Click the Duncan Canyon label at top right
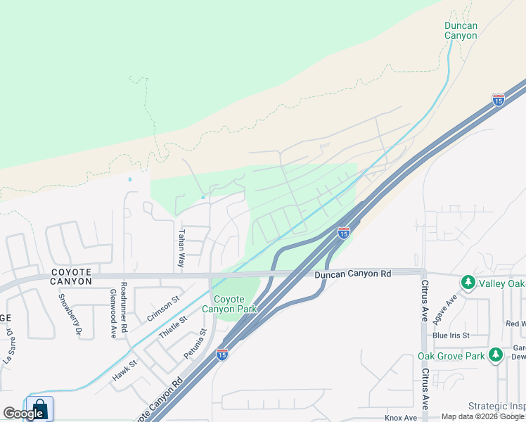pyautogui.click(x=461, y=31)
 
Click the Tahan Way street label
pyautogui.click(x=181, y=248)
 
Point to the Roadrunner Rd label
pyautogui.click(x=123, y=306)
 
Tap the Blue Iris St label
pyautogui.click(x=451, y=335)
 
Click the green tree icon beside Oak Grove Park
pyautogui.click(x=495, y=354)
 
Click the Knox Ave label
pyautogui.click(x=401, y=418)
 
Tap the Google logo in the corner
pyautogui.click(x=23, y=414)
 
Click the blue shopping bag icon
pyautogui.click(x=40, y=409)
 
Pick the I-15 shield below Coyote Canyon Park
pyautogui.click(x=222, y=354)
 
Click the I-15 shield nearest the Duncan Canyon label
pyautogui.click(x=498, y=99)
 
